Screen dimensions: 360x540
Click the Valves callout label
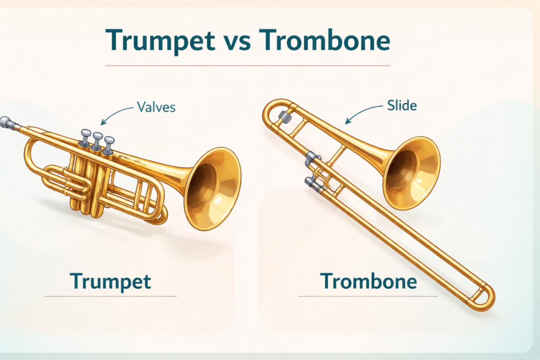[156, 107]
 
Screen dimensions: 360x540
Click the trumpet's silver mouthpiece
[7, 123]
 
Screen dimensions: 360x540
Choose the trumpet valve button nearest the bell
[109, 141]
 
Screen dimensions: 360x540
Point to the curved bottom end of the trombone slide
[486, 298]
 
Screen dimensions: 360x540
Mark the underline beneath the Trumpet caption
[110, 296]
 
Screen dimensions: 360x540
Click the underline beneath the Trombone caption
[368, 296]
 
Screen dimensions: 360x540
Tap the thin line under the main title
[248, 65]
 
